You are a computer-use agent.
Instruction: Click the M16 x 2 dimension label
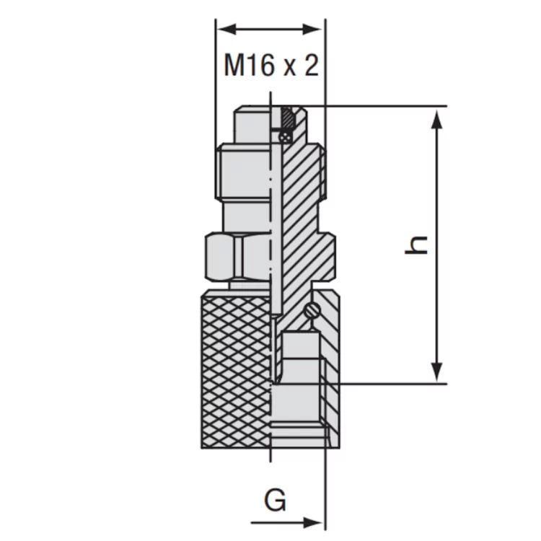point(271,66)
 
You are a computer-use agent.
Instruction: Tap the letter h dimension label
point(416,245)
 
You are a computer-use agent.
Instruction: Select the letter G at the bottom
point(275,501)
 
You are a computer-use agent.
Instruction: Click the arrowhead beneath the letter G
point(312,523)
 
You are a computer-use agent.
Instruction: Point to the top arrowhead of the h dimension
point(437,120)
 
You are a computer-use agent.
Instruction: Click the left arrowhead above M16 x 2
point(227,30)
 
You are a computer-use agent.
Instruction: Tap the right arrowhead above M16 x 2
point(312,30)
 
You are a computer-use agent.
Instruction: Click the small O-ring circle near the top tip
point(286,137)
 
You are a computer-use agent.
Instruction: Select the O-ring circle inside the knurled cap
point(312,309)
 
